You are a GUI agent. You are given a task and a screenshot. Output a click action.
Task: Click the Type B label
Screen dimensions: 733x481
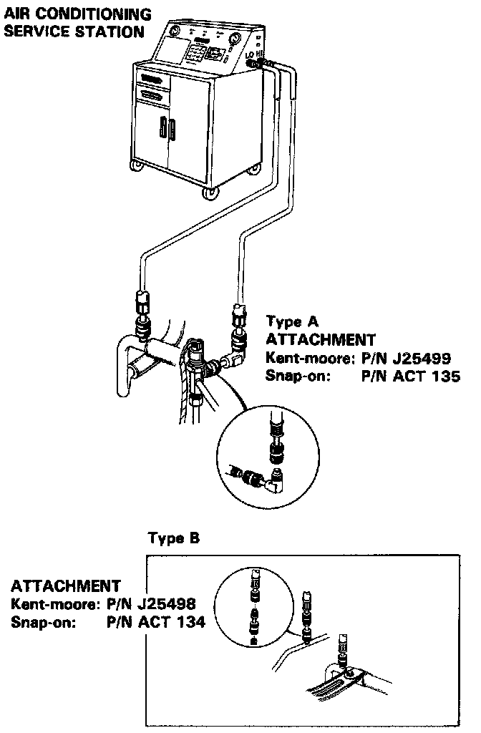(x=173, y=538)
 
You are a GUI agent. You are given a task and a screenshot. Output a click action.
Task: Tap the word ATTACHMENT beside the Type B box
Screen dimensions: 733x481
(x=66, y=586)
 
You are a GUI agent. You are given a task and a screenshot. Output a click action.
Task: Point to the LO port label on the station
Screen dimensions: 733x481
(x=249, y=55)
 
